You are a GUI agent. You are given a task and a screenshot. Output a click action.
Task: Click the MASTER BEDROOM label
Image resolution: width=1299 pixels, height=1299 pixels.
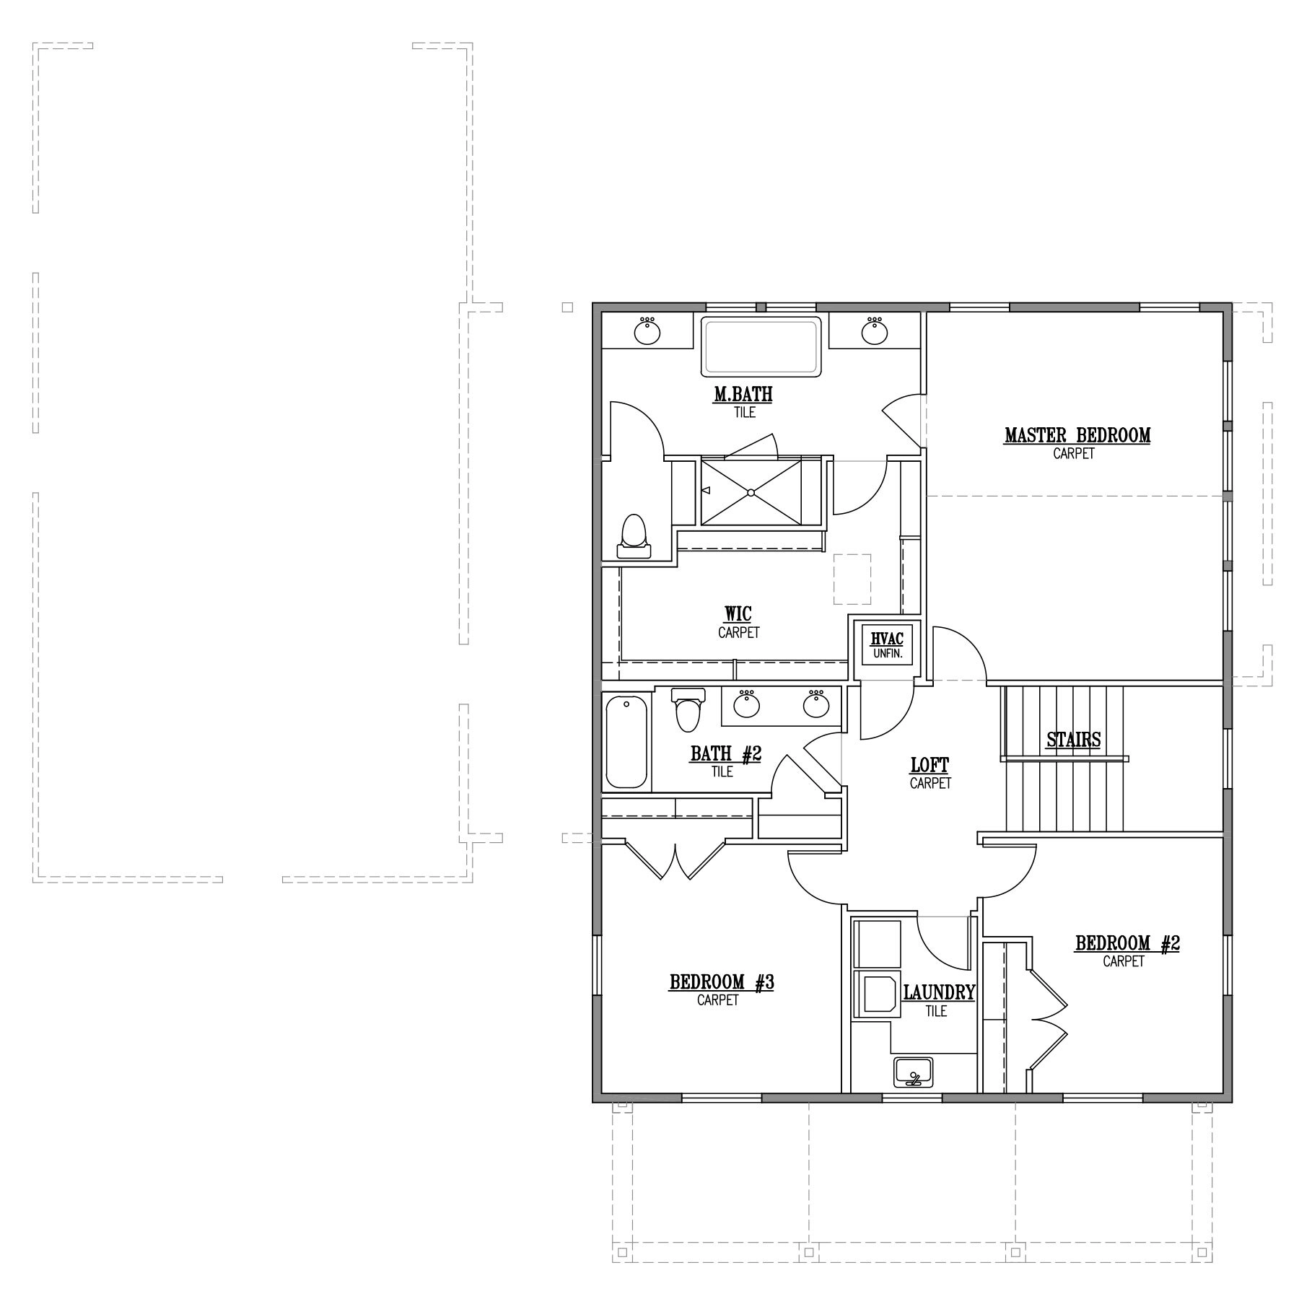point(1077,436)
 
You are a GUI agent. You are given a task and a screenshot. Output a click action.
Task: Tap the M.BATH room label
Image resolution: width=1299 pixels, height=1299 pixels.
point(744,395)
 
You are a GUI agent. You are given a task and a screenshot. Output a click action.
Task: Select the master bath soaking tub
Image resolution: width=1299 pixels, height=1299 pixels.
point(761,347)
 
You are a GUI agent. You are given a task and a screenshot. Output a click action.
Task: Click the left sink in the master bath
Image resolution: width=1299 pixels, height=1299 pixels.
point(647,331)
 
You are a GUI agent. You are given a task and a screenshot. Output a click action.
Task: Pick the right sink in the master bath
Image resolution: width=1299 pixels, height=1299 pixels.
point(875,331)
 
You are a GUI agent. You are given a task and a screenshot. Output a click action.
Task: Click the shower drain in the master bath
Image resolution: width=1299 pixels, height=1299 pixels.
point(751,493)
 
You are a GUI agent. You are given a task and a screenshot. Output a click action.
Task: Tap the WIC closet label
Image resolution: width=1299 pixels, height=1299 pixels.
point(738,614)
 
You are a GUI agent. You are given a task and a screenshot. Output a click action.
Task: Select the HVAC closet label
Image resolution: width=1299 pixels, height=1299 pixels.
point(887,639)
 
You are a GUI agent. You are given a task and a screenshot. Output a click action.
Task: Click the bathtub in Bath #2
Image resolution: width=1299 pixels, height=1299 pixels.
point(626,741)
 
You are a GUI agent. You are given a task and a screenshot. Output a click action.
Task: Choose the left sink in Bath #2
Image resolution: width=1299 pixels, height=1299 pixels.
point(746,704)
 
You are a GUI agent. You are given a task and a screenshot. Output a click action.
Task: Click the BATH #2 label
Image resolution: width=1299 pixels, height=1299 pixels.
point(726,754)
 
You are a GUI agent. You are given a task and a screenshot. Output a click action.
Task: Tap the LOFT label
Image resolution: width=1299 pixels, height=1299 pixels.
point(930,765)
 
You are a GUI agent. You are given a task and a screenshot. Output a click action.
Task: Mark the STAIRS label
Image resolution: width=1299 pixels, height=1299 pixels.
point(1074,740)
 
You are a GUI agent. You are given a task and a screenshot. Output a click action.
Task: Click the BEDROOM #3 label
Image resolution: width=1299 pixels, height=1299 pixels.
point(722,982)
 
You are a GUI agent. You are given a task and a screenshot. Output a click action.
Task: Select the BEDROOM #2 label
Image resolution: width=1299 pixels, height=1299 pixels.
point(1127,943)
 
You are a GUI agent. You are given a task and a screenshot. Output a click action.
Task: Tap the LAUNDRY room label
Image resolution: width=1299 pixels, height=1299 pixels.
point(940,993)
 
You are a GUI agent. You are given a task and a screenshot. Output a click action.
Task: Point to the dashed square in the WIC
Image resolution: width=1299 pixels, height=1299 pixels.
point(852,579)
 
